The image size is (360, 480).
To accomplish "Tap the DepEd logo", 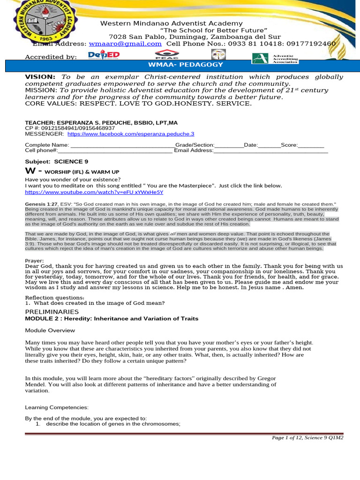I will coord(104,55).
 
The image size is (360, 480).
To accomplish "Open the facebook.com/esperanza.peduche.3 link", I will coord(131,134).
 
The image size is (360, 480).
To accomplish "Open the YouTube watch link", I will coord(94,192).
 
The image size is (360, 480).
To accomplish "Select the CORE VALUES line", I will coord(138,103).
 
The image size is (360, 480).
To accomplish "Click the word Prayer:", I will coord(34,261).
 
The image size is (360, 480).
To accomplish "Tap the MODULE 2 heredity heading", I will coord(112,319).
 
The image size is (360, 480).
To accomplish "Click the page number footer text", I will coord(307,438).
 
